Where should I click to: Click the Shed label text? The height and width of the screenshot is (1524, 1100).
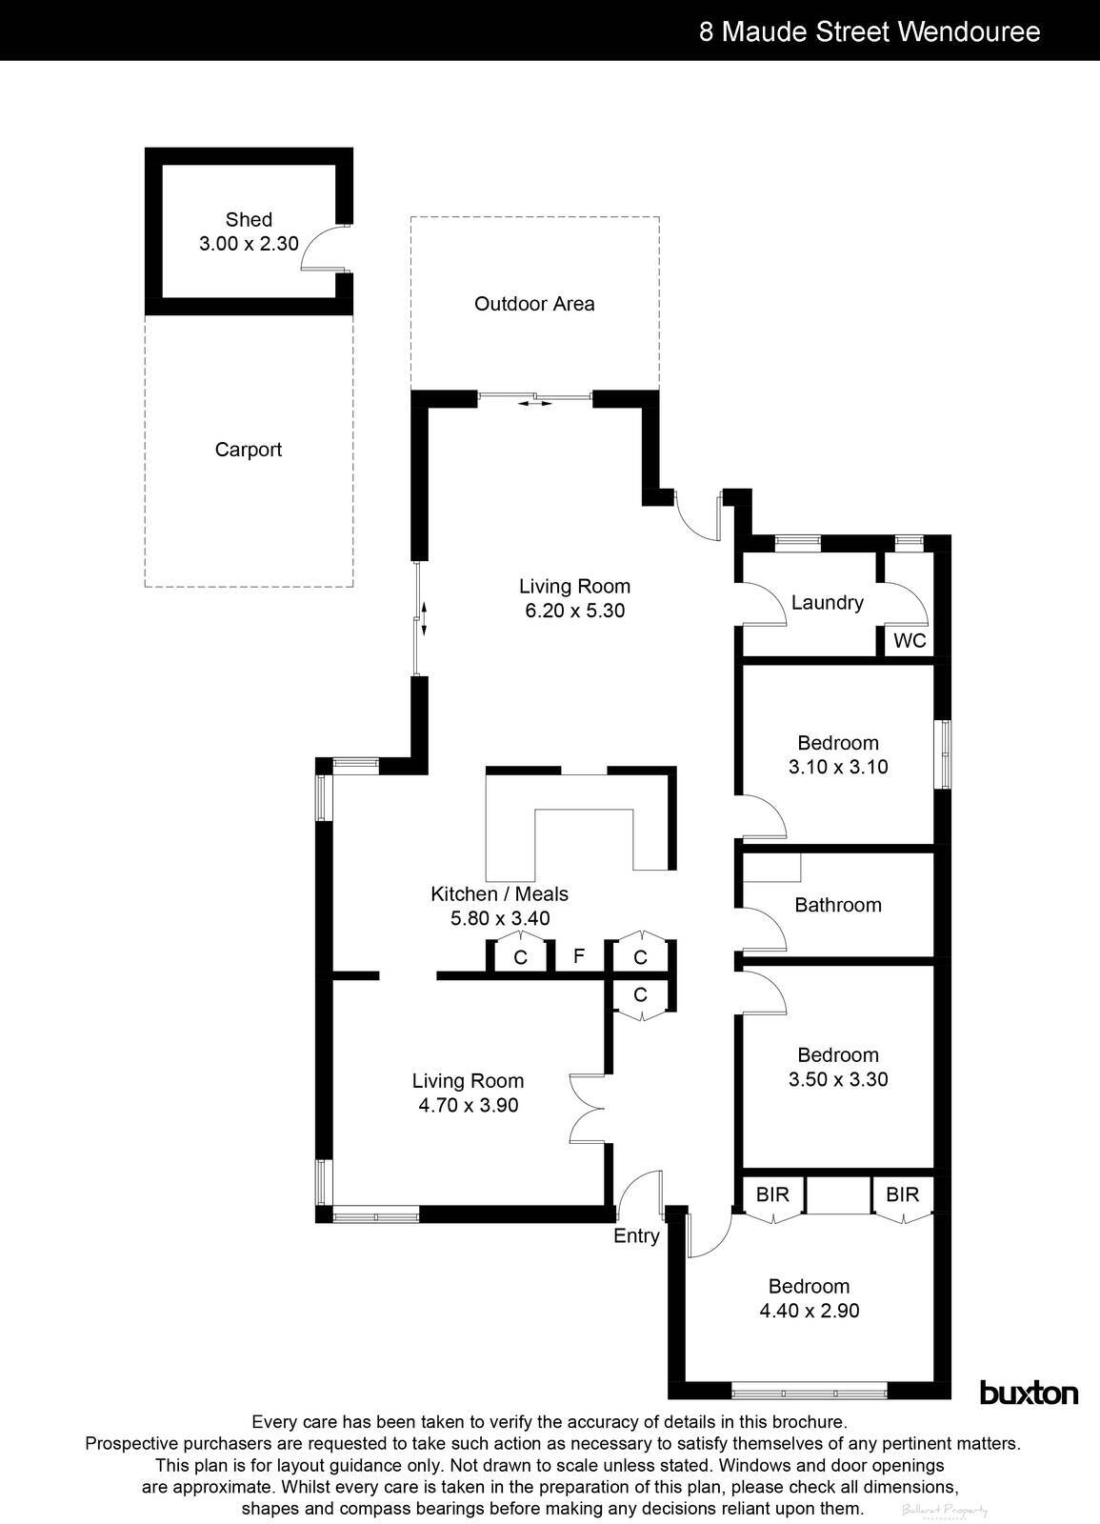click(x=249, y=219)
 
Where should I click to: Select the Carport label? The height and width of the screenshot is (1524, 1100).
click(x=249, y=450)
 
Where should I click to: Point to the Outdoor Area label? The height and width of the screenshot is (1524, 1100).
click(x=534, y=304)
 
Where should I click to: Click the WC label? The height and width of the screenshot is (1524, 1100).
click(x=910, y=641)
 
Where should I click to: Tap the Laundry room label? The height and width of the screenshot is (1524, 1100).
click(x=827, y=602)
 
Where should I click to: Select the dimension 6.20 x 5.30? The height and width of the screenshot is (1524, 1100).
click(x=574, y=611)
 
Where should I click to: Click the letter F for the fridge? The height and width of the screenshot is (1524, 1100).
click(x=578, y=955)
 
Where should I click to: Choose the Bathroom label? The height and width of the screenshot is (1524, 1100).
click(x=838, y=905)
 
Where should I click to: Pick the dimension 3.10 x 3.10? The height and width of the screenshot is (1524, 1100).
click(x=838, y=767)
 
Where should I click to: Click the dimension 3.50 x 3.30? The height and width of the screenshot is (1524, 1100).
click(x=838, y=1079)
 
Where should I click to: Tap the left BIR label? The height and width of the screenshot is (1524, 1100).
click(x=772, y=1193)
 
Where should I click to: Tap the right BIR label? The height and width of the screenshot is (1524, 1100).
click(x=902, y=1193)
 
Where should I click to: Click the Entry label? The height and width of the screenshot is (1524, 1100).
click(x=636, y=1235)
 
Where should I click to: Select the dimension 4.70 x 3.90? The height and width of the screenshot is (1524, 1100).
click(x=468, y=1106)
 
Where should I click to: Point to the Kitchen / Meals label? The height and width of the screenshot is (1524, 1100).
click(x=499, y=893)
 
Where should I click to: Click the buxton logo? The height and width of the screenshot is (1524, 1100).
click(x=1030, y=1393)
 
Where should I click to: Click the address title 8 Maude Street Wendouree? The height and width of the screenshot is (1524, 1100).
click(x=870, y=31)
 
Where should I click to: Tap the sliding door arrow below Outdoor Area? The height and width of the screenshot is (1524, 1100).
click(x=535, y=404)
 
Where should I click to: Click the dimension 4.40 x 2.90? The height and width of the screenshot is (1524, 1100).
click(x=809, y=1311)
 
